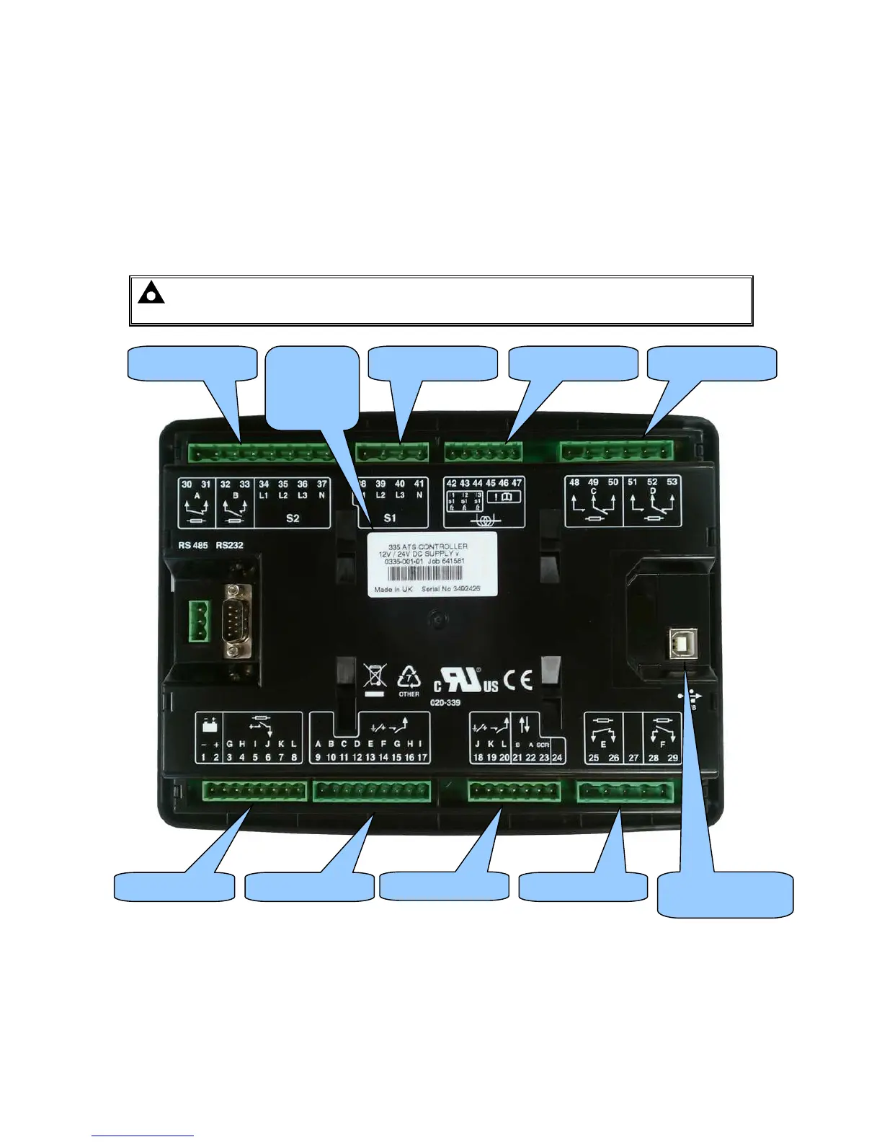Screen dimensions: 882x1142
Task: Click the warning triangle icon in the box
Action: (x=151, y=294)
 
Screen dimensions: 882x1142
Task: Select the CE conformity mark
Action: (x=518, y=680)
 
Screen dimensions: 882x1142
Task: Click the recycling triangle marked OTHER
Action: (x=409, y=680)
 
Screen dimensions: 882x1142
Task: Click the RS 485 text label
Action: (x=192, y=545)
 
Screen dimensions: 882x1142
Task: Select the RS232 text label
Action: (x=230, y=545)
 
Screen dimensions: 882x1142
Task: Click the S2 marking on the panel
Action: (x=293, y=518)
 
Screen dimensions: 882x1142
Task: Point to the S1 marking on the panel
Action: (x=390, y=518)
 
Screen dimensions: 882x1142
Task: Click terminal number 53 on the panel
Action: (x=672, y=482)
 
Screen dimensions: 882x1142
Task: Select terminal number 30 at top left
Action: (x=187, y=484)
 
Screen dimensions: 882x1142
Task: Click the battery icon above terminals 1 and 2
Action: (x=210, y=725)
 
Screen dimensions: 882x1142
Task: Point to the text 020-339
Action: (x=445, y=702)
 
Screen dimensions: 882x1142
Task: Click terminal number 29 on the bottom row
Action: (x=672, y=758)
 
